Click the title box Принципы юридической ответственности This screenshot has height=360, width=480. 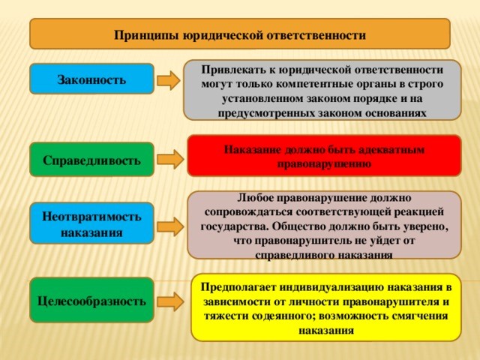pyautogui.click(x=239, y=34)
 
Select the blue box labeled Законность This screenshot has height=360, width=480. pyautogui.click(x=91, y=79)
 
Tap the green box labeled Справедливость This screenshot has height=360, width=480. pyautogui.click(x=91, y=160)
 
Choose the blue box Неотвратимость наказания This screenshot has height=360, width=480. pyautogui.click(x=91, y=223)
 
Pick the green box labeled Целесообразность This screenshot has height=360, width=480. pyautogui.click(x=91, y=301)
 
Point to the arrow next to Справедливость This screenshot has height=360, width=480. pyautogui.click(x=170, y=159)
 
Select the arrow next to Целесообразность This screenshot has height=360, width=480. pyautogui.click(x=170, y=301)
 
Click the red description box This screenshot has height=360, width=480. pyautogui.click(x=323, y=155)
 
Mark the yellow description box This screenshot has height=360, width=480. pyautogui.click(x=325, y=307)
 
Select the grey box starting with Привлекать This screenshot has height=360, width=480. pyautogui.click(x=322, y=89)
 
